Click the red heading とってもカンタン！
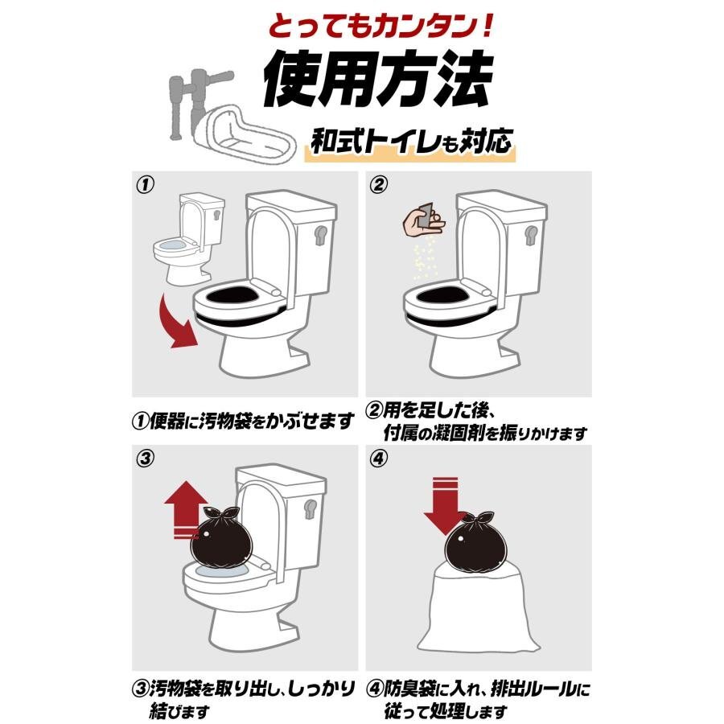tap(381, 27)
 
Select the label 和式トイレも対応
tap(411, 141)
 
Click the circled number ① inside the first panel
tap(145, 185)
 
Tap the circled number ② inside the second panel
tap(378, 185)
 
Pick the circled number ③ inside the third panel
tap(145, 459)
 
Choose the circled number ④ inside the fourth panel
tap(378, 459)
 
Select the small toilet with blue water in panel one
tap(189, 239)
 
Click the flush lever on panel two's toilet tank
tap(531, 235)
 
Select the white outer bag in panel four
tap(479, 610)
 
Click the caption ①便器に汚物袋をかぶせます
tap(243, 421)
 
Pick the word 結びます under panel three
tap(179, 710)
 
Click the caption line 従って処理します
tap(446, 710)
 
